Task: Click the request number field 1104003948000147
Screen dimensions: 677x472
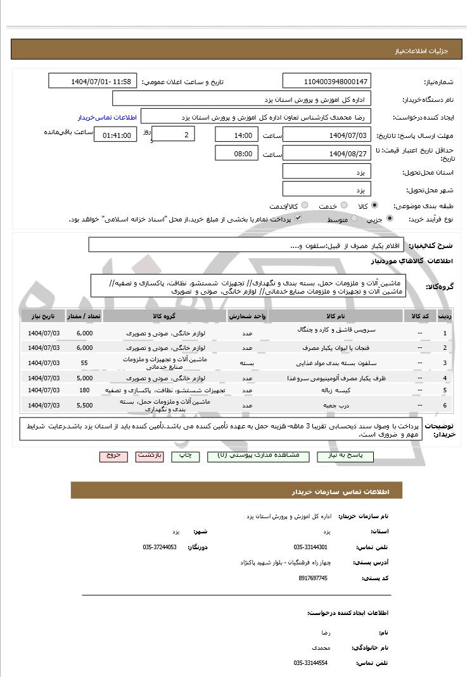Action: (326, 82)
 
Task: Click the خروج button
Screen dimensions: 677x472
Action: (113, 456)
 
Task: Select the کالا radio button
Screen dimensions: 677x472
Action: (374, 206)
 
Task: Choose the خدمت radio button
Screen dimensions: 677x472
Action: (344, 206)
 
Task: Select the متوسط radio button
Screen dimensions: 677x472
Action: (354, 218)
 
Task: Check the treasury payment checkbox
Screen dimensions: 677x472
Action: (298, 218)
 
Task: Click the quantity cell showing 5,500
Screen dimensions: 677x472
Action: (84, 405)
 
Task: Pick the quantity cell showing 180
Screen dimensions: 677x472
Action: (84, 390)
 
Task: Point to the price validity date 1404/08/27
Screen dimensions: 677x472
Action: (326, 153)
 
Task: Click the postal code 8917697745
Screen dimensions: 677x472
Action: (313, 578)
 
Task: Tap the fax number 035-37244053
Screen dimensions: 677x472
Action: (160, 547)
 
